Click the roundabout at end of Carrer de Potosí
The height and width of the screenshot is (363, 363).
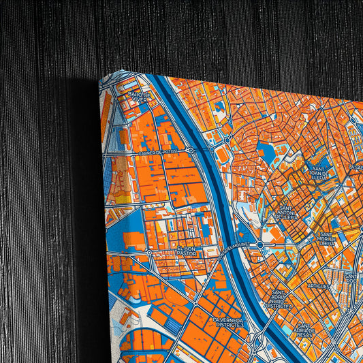[x=191, y=150]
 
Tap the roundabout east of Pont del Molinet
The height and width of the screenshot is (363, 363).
[x=259, y=243]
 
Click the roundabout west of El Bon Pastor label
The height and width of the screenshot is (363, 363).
[x=149, y=253]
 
